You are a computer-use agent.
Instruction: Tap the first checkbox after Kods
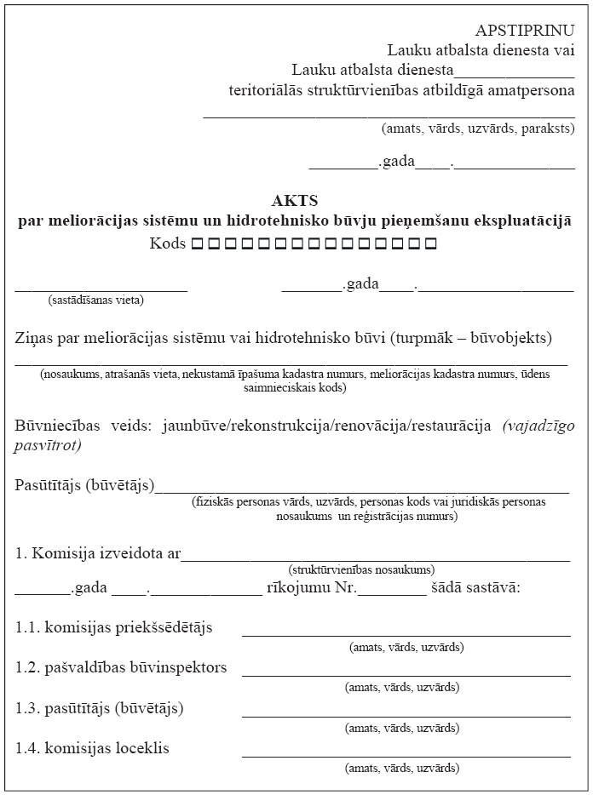[x=197, y=244]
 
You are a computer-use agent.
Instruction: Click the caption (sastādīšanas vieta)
[x=96, y=300]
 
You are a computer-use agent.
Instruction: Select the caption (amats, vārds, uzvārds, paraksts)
[x=477, y=129]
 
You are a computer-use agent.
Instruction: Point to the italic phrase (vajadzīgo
[x=538, y=424]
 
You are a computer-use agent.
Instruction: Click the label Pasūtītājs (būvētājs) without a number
[x=84, y=484]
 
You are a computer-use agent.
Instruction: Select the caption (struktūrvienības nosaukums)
[x=361, y=569]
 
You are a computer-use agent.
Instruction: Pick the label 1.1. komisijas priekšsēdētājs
[x=113, y=627]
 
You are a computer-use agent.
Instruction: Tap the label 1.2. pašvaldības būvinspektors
[x=121, y=667]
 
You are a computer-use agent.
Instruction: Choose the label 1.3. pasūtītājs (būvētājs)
[x=99, y=707]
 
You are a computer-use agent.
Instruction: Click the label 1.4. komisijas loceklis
[x=92, y=747]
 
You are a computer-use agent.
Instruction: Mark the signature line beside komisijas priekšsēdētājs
[x=406, y=634]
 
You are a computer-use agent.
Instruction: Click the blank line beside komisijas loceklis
[x=406, y=755]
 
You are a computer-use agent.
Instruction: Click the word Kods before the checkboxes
[x=167, y=244]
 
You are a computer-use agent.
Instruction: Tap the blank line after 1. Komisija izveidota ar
[x=375, y=560]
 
